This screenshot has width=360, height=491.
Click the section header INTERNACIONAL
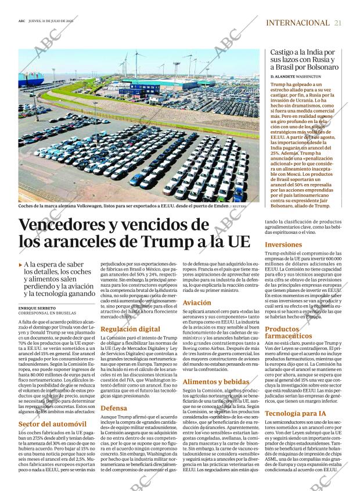(297, 23)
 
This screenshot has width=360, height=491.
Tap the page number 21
(338, 23)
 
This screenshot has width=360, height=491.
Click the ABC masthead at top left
(21, 22)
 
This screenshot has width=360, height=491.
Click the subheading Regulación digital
(130, 329)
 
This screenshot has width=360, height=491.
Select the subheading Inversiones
(283, 245)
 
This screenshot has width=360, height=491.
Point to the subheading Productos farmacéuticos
(289, 333)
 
